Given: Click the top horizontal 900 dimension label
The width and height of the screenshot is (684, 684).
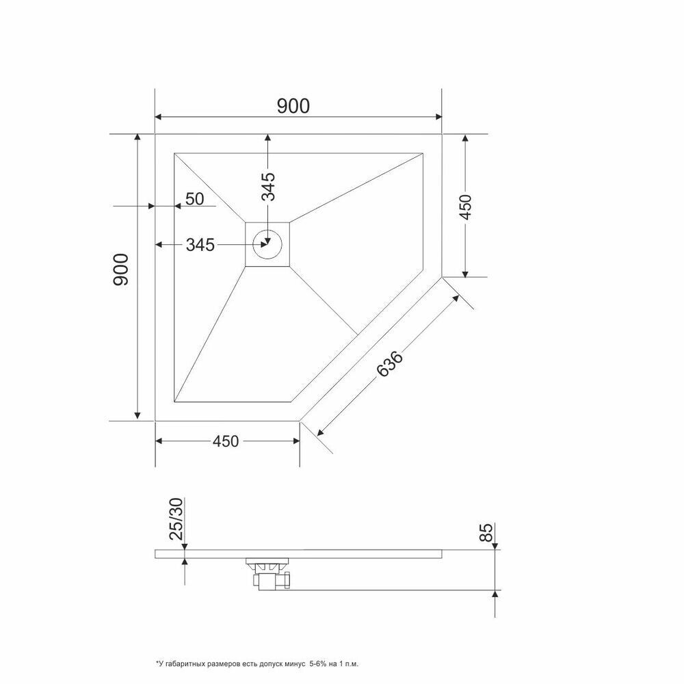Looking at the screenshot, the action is click(293, 106).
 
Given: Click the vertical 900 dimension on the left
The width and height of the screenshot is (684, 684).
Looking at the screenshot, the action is click(121, 269).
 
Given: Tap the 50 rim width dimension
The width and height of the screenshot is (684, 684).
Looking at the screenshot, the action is click(194, 199).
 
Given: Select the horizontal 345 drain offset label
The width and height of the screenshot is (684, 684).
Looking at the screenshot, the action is click(200, 245).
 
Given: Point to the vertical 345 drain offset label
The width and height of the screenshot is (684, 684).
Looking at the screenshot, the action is click(268, 186).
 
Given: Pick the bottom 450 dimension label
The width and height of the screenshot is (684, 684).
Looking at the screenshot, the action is click(226, 441).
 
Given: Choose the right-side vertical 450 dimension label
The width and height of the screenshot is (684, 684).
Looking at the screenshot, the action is click(465, 207).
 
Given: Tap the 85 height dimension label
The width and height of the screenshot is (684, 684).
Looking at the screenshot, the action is click(486, 532).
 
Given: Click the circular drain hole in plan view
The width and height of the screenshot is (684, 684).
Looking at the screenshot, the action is click(268, 244).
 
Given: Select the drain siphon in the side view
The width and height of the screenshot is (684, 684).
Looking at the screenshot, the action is click(268, 574).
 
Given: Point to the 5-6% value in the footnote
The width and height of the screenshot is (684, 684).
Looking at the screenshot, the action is click(318, 664).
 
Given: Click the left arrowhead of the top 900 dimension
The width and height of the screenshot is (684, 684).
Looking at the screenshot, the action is click(159, 117).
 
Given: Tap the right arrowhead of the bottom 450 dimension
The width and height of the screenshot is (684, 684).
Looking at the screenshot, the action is click(296, 441).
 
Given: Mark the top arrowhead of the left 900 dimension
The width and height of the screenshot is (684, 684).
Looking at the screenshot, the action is click(138, 137).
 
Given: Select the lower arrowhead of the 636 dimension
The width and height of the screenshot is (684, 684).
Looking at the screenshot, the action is click(320, 432).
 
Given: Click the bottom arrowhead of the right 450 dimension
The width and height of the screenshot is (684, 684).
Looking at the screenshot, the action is click(465, 274).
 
